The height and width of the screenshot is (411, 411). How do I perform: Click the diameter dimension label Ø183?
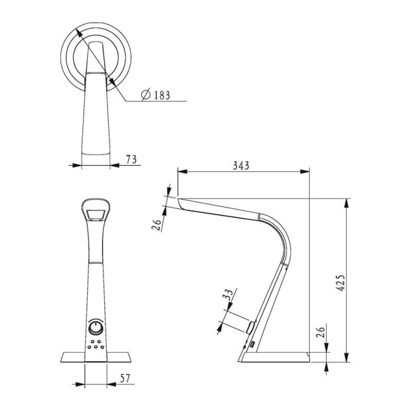point(157,95)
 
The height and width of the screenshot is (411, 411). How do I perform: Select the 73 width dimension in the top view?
point(132,158)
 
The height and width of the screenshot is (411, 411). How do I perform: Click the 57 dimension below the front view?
point(125,378)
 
